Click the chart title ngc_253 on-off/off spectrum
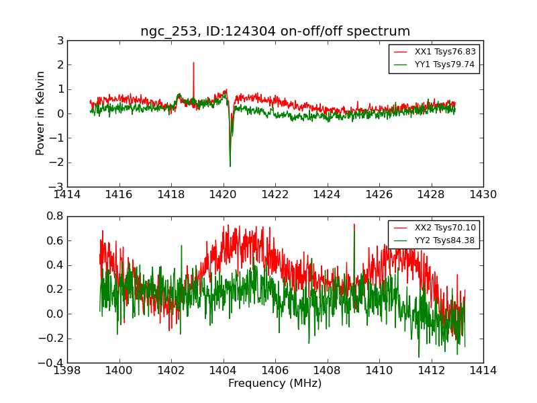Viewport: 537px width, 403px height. [x=275, y=32]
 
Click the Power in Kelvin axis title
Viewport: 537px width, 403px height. [x=41, y=113]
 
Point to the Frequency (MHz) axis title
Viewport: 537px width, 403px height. [x=275, y=384]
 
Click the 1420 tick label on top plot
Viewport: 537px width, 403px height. [x=223, y=195]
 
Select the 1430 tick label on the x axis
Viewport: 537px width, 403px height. [x=483, y=195]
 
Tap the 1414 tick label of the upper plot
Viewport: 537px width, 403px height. [x=67, y=195]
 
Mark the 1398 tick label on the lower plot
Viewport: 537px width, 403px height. [x=67, y=370]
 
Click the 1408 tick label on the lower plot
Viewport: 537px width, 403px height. [x=327, y=370]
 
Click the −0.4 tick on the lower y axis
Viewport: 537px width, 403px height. [x=52, y=363]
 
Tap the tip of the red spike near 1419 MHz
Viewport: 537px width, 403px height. [x=193, y=62]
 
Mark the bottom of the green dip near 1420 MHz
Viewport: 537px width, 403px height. [x=230, y=167]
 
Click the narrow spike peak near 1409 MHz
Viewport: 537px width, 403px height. [x=354, y=225]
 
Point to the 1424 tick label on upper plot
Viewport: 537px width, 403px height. [x=327, y=195]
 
